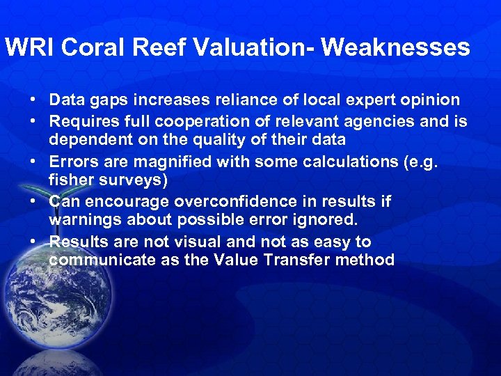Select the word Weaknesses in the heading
click(395, 47)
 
